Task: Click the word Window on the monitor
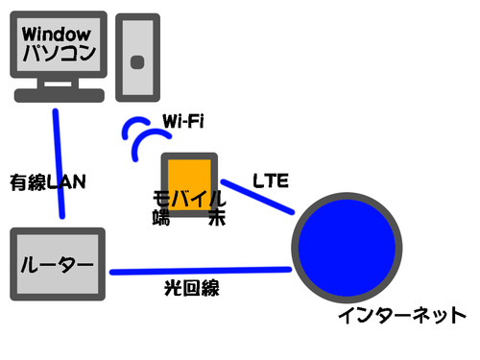[57, 34]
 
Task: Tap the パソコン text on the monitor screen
[60, 53]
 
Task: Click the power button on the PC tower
[137, 62]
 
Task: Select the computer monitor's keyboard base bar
[60, 95]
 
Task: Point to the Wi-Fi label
[183, 121]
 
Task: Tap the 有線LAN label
[48, 182]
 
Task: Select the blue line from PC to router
[59, 164]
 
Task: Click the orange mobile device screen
[189, 180]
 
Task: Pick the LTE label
[271, 180]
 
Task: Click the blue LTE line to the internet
[257, 197]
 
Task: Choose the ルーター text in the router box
[57, 265]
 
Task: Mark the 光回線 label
[192, 288]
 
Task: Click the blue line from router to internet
[201, 271]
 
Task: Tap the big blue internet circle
[347, 248]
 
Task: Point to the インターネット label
[402, 315]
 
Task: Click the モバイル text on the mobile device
[189, 199]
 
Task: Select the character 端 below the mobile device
[161, 218]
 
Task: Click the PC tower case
[137, 58]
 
